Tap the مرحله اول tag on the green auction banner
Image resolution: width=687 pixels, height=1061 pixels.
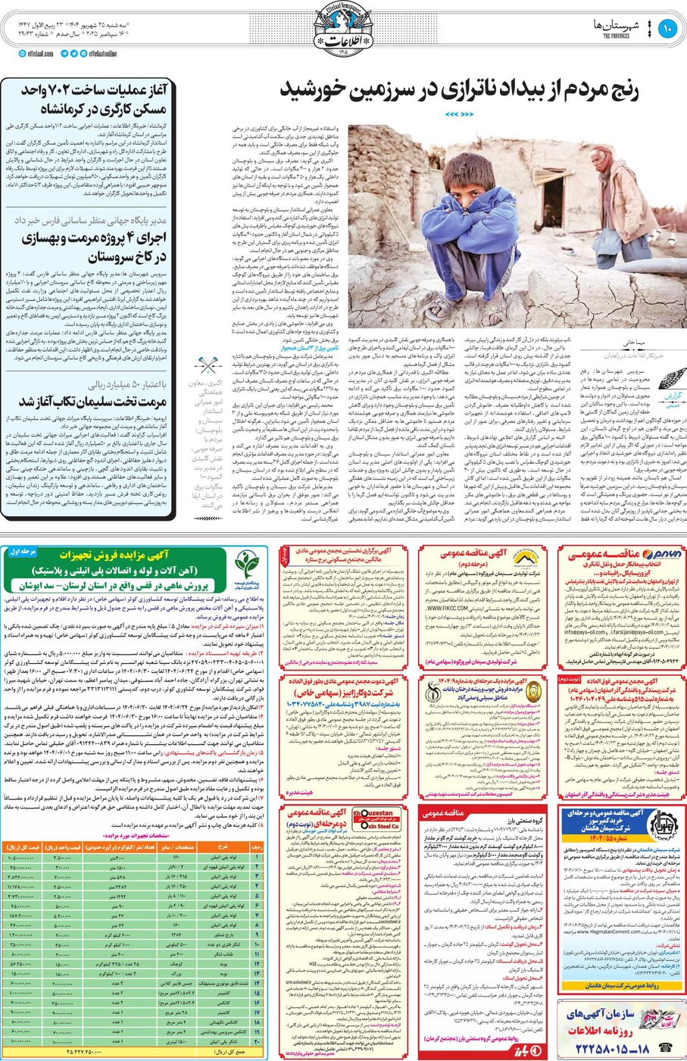[23, 552]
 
